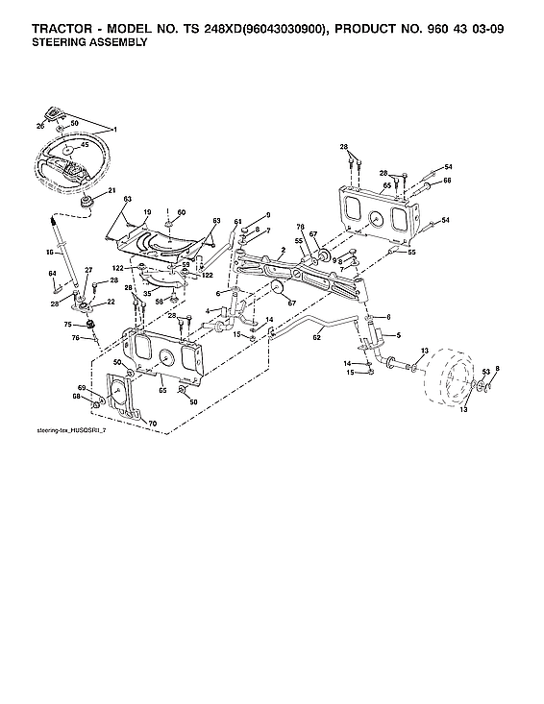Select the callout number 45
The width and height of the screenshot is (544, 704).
coord(85,145)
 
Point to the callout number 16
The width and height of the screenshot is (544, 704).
coord(50,253)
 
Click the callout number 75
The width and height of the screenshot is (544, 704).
coord(68,325)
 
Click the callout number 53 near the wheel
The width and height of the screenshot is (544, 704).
coord(486,369)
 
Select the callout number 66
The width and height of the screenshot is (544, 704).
coord(447,180)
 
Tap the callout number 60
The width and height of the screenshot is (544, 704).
coord(181,211)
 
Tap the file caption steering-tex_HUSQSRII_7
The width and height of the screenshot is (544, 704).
coord(68,432)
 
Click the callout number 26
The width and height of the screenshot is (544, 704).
coord(40,125)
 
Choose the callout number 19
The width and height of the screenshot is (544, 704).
coord(148,211)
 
